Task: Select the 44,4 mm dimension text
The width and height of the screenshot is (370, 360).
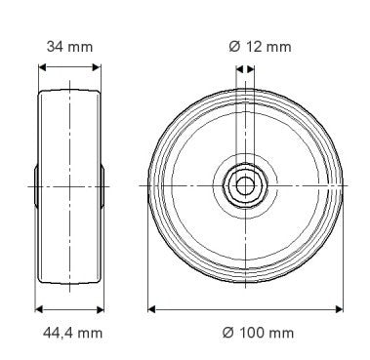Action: tap(69, 333)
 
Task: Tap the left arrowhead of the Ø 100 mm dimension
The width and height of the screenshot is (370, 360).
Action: tap(152, 308)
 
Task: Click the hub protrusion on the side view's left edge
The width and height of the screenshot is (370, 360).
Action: tap(37, 184)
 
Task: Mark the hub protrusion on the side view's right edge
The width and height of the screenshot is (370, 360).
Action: tap(103, 184)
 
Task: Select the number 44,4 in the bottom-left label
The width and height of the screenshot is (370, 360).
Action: tap(57, 333)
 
